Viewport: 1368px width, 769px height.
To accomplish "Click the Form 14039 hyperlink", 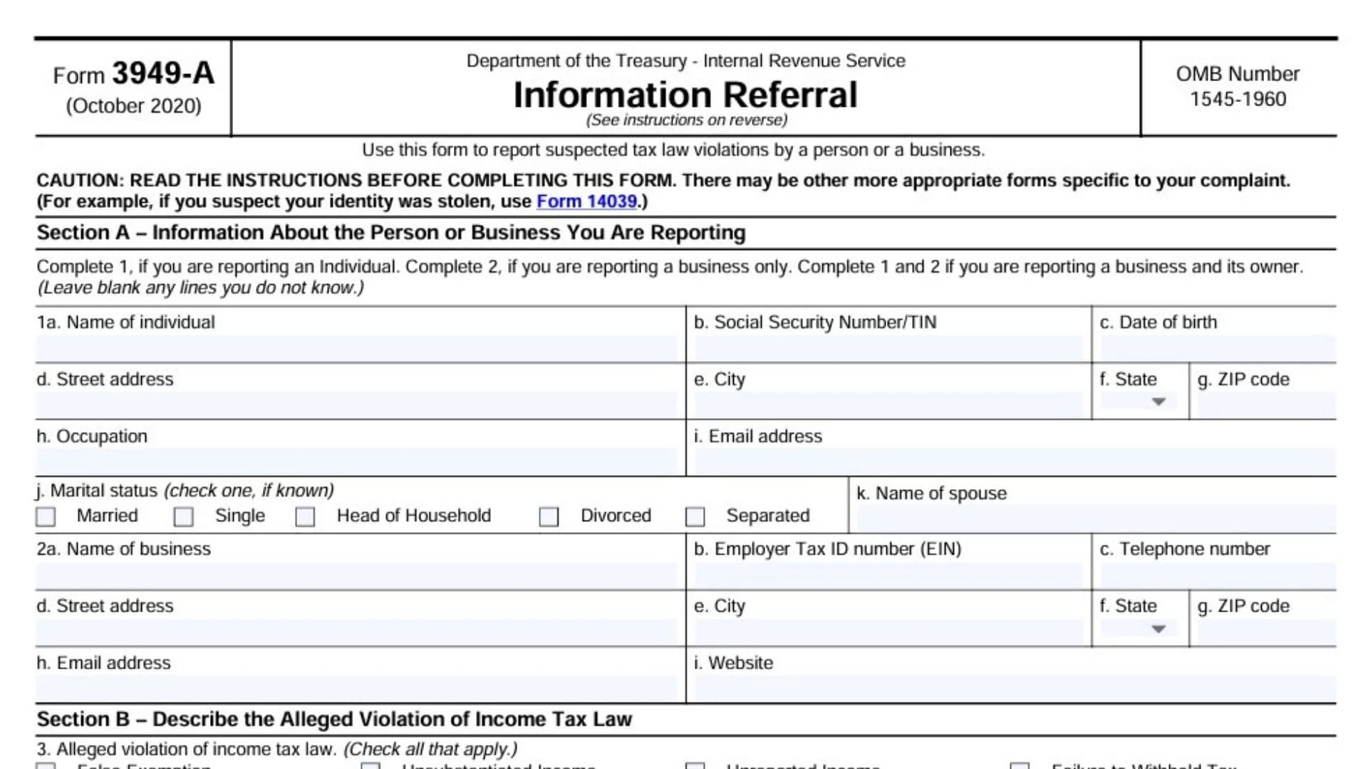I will click(586, 202).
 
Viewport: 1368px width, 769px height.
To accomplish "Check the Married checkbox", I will click(46, 516).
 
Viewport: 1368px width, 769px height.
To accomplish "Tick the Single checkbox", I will click(183, 516).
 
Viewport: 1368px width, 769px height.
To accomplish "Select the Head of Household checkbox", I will click(305, 516).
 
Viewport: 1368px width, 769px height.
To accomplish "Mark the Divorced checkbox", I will click(549, 516).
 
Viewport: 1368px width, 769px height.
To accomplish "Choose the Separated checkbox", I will click(695, 516).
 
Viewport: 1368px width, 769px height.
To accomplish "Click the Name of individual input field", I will click(356, 348).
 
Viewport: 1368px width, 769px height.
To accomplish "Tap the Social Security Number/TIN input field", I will click(888, 348).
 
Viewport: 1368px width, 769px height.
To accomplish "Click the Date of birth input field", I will click(1217, 348).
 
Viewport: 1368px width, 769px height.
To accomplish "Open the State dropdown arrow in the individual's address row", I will click(1159, 402).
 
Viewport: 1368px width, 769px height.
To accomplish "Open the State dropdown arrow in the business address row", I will click(1159, 629).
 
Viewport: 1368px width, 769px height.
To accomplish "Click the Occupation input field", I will click(356, 461).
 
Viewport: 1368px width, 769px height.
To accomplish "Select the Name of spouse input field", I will click(1095, 518).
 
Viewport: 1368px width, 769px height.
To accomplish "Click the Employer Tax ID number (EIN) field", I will click(888, 575).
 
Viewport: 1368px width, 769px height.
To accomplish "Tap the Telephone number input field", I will click(1217, 575).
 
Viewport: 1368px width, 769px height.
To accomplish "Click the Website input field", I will click(1014, 689).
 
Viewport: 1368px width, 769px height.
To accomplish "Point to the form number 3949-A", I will click(163, 73).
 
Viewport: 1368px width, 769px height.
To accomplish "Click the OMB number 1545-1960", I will click(1238, 99).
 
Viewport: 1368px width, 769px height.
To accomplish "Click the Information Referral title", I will click(685, 95).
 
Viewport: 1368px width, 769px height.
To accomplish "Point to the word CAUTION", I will click(78, 181).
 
